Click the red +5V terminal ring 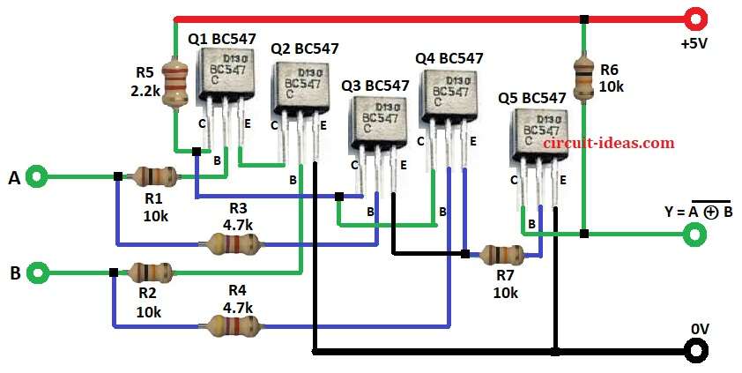(696, 18)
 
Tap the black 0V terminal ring (696, 351)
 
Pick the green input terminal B (36, 272)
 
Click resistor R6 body (583, 78)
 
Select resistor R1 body (151, 176)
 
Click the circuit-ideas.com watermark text (608, 143)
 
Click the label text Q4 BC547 (449, 58)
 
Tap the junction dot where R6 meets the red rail (583, 19)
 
